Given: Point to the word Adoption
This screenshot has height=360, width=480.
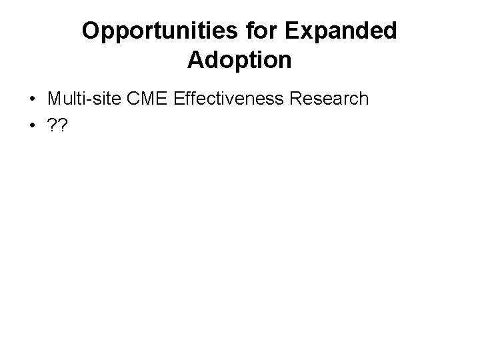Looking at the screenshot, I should coord(239,60).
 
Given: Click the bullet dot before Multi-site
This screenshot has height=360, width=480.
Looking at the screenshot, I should coord(32,99).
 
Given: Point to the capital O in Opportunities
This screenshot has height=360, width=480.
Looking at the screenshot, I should coord(91,31).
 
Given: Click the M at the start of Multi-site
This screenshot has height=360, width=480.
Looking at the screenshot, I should coord(54,99).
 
